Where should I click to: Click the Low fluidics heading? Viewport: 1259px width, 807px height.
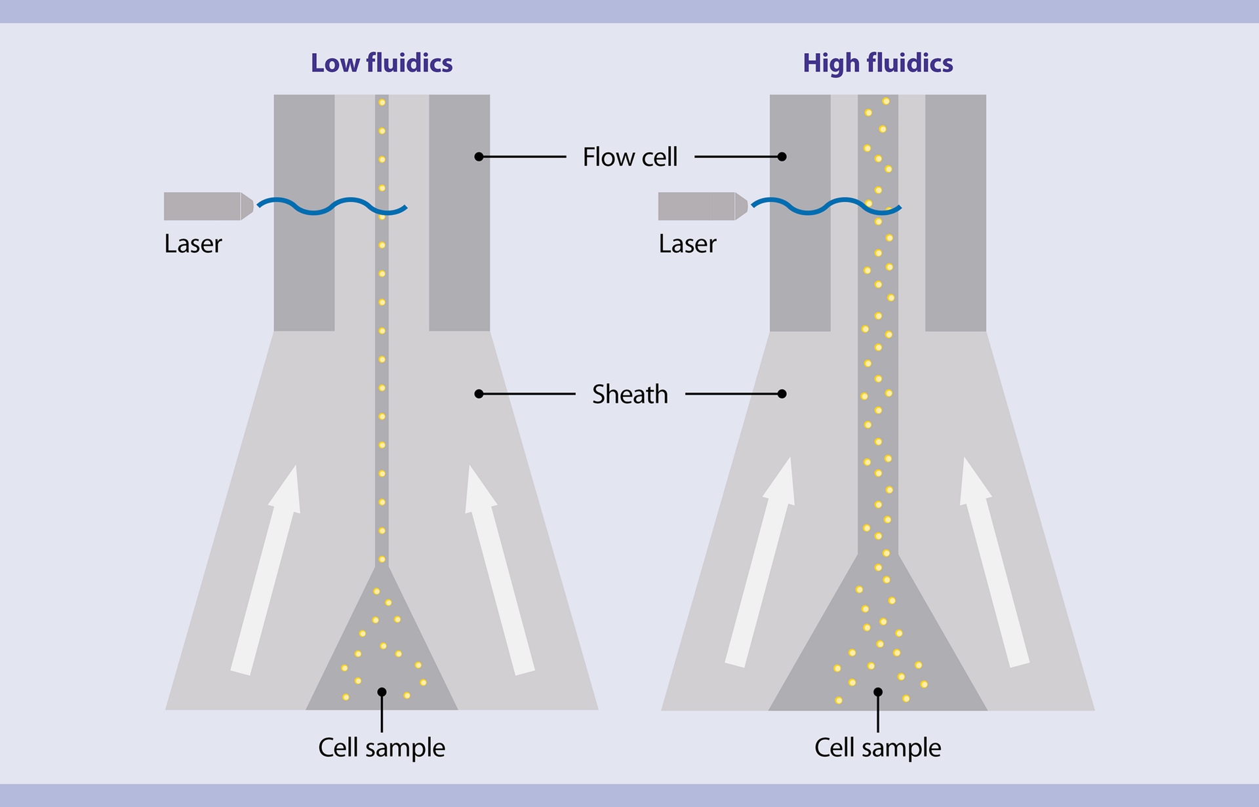pos(381,63)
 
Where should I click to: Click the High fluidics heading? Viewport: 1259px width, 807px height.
pos(877,63)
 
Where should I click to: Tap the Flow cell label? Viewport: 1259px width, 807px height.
pos(629,157)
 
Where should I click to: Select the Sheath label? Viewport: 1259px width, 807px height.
pos(629,394)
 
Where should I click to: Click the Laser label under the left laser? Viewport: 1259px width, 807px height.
pos(193,244)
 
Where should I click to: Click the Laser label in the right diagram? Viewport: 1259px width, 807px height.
pos(687,244)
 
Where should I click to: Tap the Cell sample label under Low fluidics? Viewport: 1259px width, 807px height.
pos(381,747)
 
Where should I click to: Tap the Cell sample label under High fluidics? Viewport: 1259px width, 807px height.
pos(877,747)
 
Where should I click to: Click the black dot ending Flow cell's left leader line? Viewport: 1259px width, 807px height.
pos(479,157)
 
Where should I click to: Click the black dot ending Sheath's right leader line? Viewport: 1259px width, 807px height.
pos(782,394)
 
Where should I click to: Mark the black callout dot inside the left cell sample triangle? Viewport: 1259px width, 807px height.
pos(382,692)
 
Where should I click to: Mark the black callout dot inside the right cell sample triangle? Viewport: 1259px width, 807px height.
pos(878,692)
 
